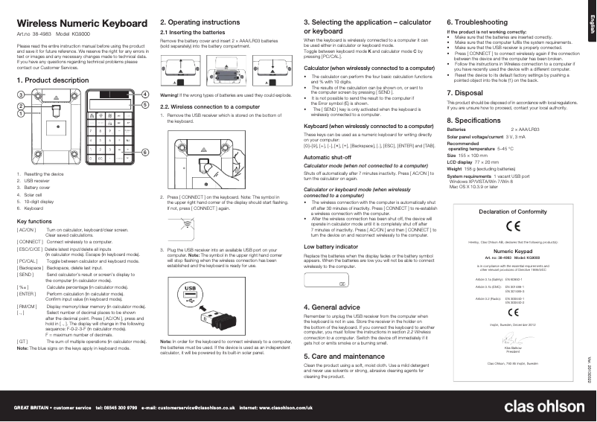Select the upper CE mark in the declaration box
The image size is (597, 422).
pos(513,227)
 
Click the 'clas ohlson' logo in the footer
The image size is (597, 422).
pos(546,408)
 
